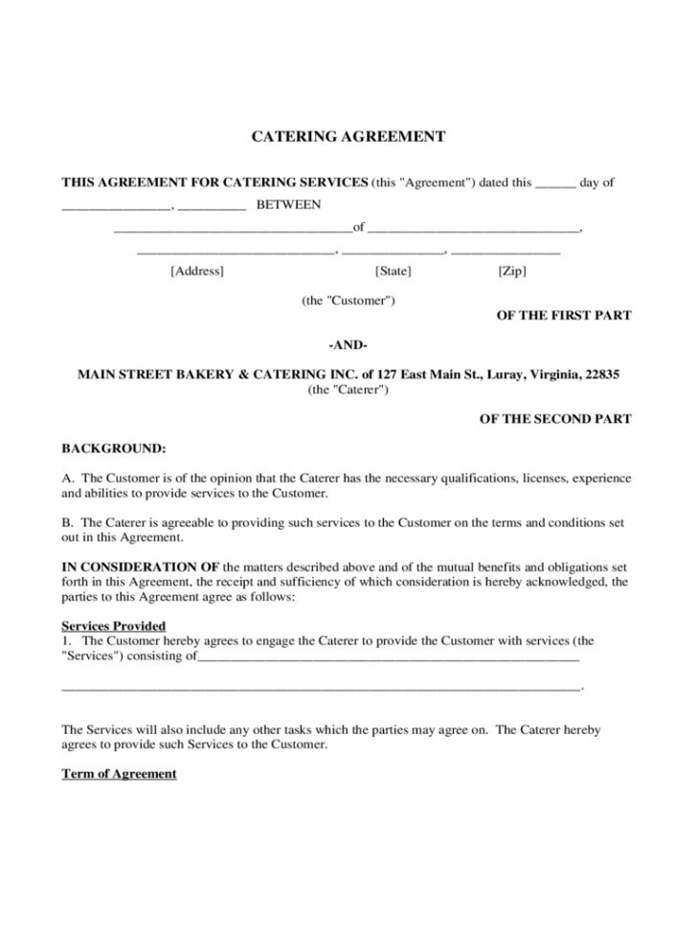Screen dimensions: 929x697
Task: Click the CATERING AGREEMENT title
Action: (348, 137)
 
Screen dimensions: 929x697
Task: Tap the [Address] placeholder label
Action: (196, 272)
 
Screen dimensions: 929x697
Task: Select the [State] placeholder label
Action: (393, 272)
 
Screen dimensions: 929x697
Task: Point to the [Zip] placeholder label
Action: (512, 272)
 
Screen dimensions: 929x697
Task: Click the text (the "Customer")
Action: (348, 300)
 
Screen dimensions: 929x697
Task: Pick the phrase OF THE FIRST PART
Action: (563, 316)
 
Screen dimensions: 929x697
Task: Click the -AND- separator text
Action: (348, 344)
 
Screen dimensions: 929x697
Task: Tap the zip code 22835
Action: (600, 375)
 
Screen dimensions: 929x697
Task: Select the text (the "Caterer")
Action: (348, 390)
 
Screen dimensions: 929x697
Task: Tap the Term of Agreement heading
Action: (120, 773)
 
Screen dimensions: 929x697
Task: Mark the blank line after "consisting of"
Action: (388, 658)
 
